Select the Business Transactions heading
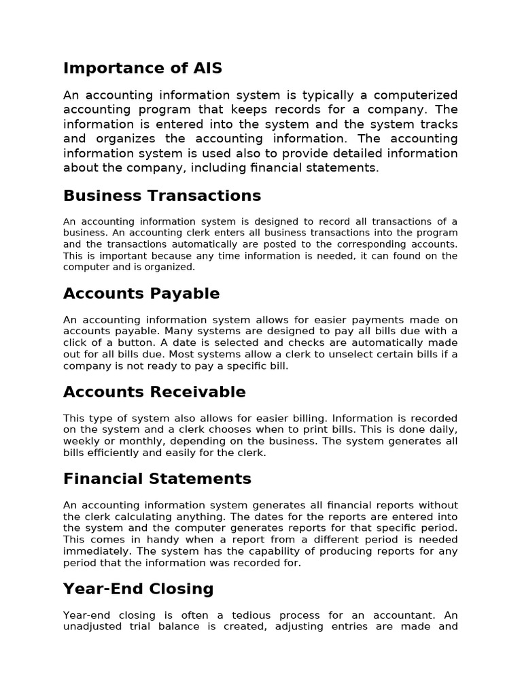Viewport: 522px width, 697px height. (162, 196)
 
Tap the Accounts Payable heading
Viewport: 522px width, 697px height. (141, 294)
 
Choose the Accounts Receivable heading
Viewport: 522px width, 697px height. (154, 392)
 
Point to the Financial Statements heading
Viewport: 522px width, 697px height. (157, 479)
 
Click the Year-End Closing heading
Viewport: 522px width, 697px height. (138, 589)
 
